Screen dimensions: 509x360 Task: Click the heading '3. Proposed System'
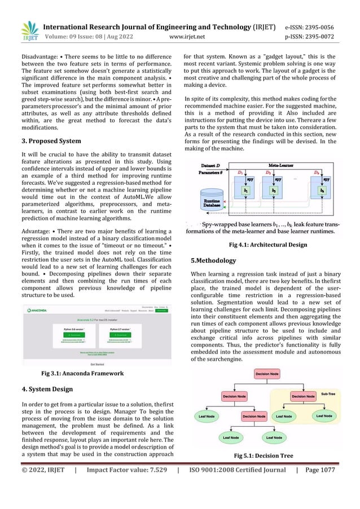tap(51, 141)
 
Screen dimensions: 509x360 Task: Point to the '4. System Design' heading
tap(49, 388)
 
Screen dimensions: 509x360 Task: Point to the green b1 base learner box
tap(245, 191)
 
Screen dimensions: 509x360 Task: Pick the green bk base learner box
tap(322, 191)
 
